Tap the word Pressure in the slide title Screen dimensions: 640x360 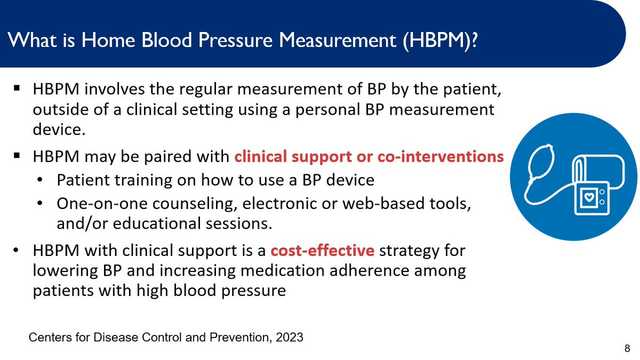pyautogui.click(x=235, y=39)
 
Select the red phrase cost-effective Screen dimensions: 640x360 pyautogui.click(x=322, y=250)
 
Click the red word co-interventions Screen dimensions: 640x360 pyautogui.click(x=441, y=157)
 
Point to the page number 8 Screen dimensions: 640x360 pyautogui.click(x=627, y=349)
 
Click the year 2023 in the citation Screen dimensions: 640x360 pyautogui.click(x=289, y=338)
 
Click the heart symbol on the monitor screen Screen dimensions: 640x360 pyautogui.click(x=589, y=197)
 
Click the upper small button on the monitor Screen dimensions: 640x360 pyautogui.click(x=602, y=192)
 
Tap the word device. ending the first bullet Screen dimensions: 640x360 pyautogui.click(x=59, y=130)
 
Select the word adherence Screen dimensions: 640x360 pyautogui.click(x=369, y=270)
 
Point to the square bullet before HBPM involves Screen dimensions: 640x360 pyautogui.click(x=17, y=88)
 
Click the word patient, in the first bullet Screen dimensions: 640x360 pyautogui.click(x=473, y=90)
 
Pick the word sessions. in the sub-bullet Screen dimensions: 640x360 pyautogui.click(x=239, y=223)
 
